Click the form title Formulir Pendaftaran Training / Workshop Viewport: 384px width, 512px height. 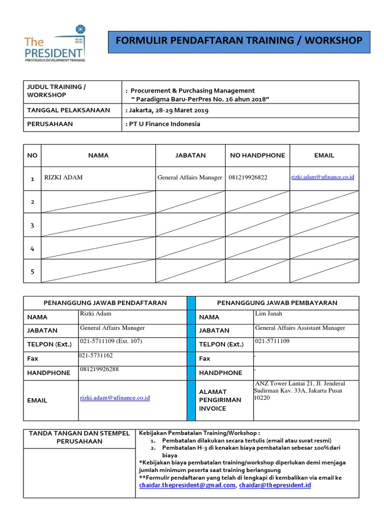(239, 40)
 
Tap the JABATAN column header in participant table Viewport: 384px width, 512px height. (190, 155)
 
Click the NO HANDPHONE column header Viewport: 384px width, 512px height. (257, 155)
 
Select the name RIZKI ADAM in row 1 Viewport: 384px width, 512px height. (63, 177)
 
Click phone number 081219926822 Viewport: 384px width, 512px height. (248, 177)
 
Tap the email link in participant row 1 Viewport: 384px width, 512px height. (322, 177)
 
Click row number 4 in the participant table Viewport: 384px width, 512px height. (32, 248)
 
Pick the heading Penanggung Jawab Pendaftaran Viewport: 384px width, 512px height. (105, 302)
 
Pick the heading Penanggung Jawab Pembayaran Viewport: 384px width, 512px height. (276, 302)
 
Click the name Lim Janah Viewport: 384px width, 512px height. (268, 313)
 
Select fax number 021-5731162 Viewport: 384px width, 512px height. (95, 355)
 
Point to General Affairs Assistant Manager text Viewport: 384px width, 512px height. (300, 328)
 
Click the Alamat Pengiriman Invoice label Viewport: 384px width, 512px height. (213, 400)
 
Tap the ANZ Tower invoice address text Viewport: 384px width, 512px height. (299, 390)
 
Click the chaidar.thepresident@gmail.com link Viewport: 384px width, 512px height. (186, 485)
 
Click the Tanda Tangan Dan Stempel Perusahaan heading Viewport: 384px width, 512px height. (79, 437)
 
